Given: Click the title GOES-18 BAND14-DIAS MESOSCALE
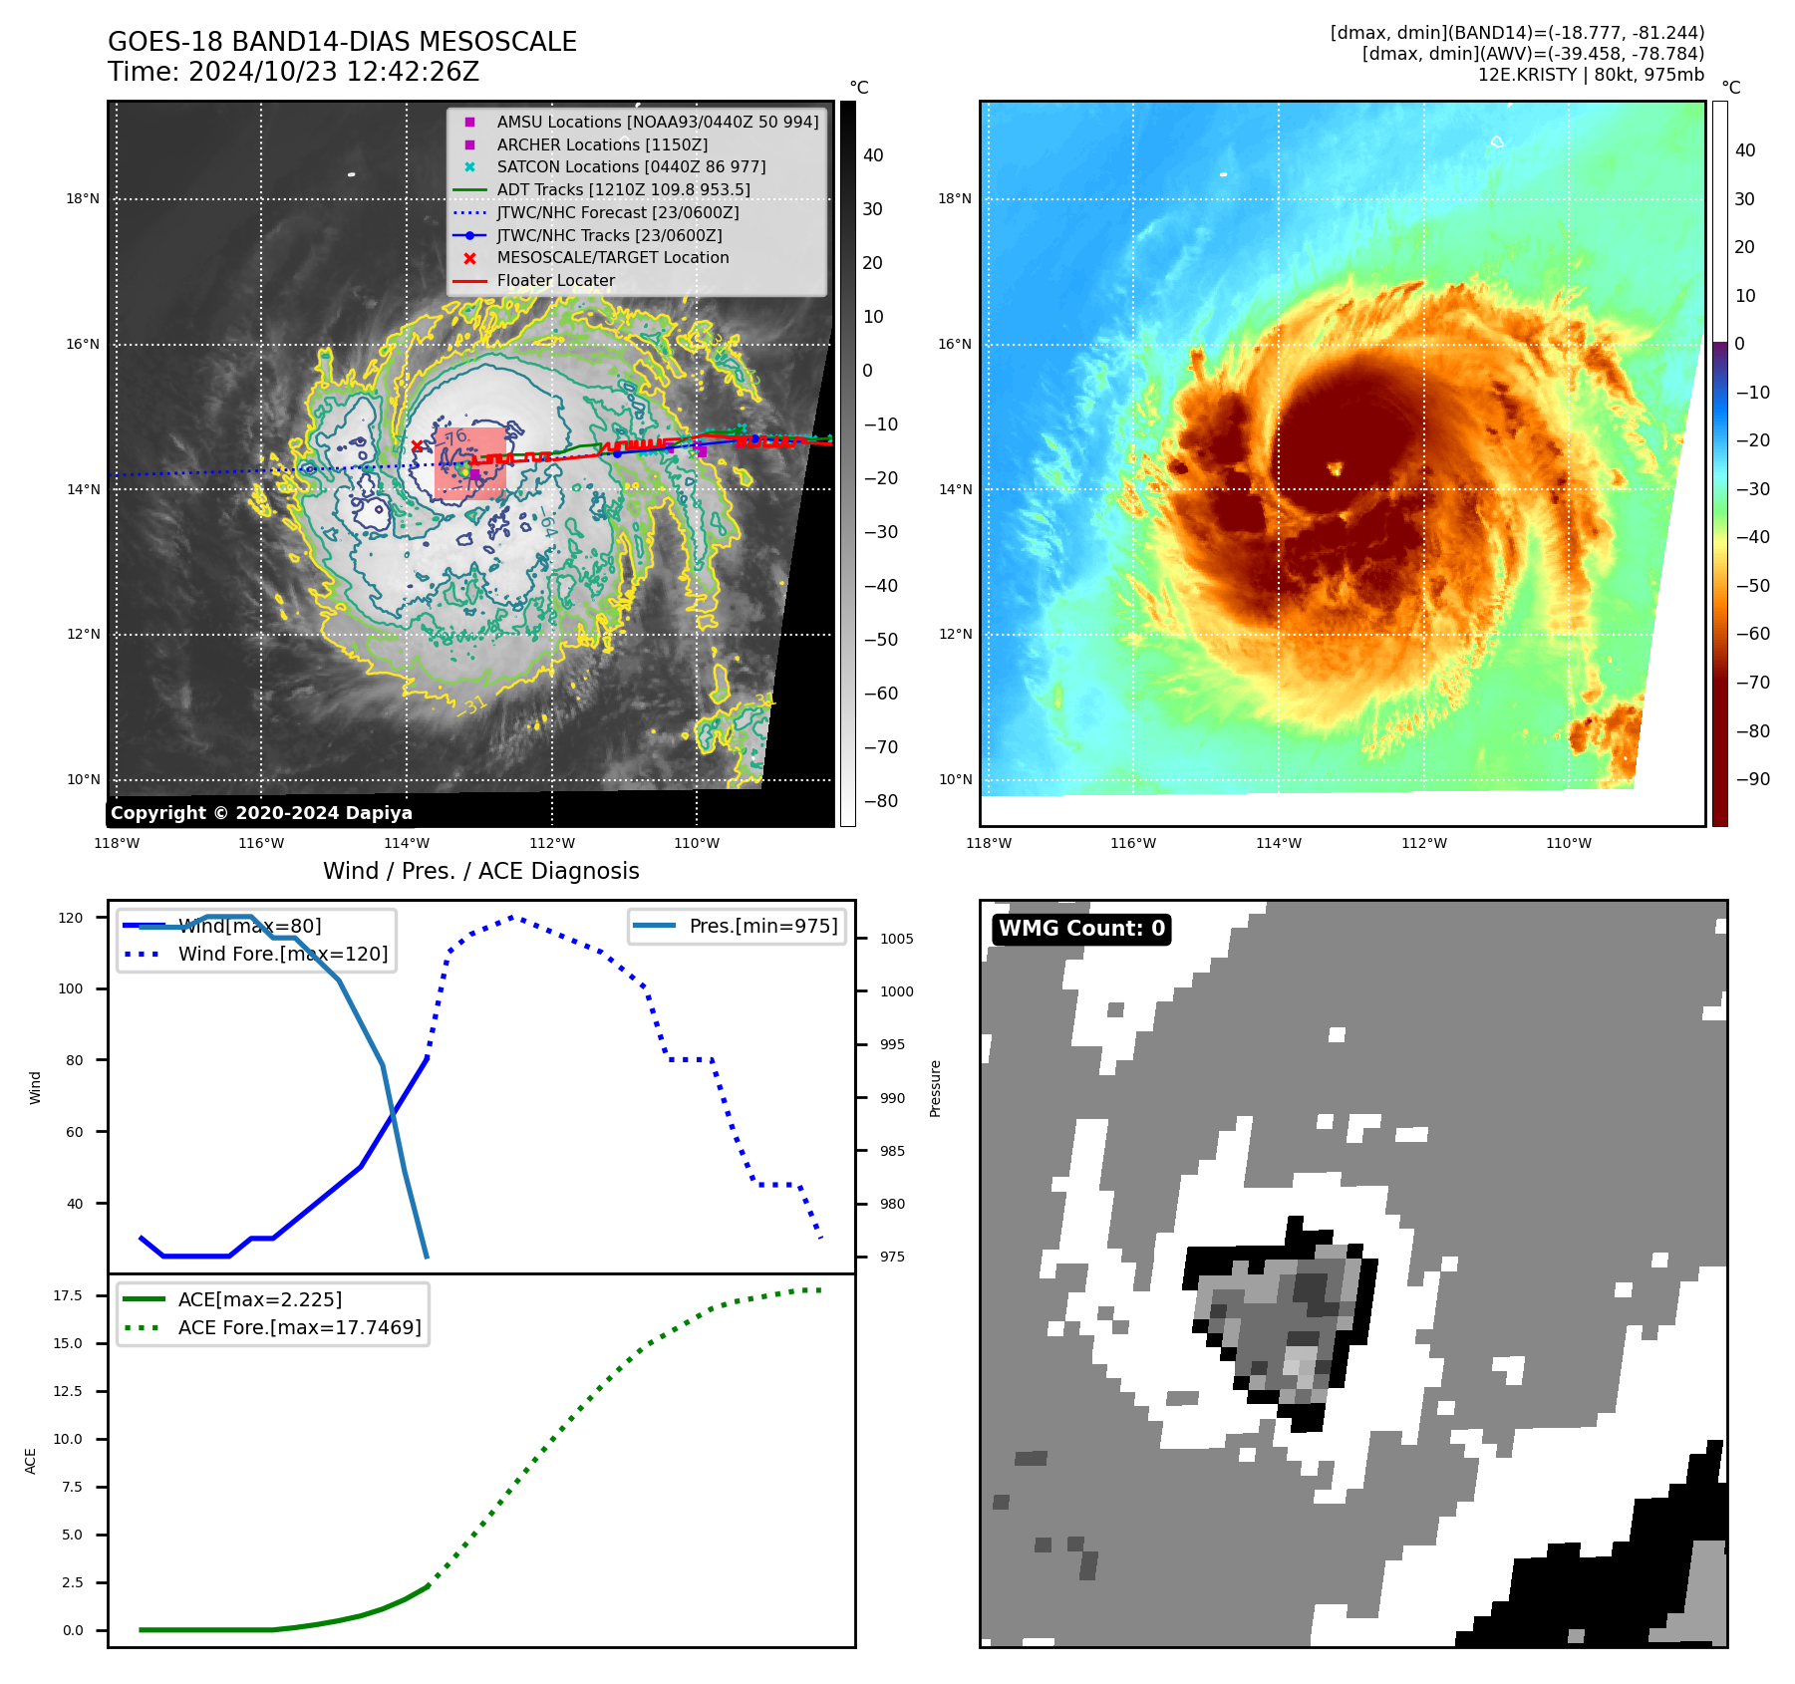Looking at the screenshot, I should click(342, 42).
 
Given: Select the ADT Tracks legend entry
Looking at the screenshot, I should click(623, 189).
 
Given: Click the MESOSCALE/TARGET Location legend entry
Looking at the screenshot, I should click(612, 257).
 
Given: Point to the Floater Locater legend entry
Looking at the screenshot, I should click(555, 280).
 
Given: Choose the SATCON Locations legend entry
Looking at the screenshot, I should click(631, 166).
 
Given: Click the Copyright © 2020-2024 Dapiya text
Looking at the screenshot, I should click(261, 812).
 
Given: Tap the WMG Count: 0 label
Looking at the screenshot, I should click(1081, 929).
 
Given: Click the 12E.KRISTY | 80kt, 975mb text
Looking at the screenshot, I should click(1591, 75).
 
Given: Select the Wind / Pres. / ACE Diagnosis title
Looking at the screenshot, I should click(480, 871).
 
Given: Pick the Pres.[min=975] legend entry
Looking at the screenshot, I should click(762, 926).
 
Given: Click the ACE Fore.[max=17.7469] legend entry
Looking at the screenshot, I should click(299, 1327).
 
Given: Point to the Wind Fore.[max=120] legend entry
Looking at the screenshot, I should click(282, 954).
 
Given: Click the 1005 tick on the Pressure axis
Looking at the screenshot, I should click(896, 939).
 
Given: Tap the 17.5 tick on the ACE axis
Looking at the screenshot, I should click(68, 1295).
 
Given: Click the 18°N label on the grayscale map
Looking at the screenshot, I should click(83, 198).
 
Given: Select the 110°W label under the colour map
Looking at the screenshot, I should click(1568, 843).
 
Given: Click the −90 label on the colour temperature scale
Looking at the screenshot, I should click(1752, 779).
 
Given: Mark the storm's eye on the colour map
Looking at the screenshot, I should click(1334, 467).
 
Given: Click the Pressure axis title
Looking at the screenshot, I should click(935, 1088).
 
